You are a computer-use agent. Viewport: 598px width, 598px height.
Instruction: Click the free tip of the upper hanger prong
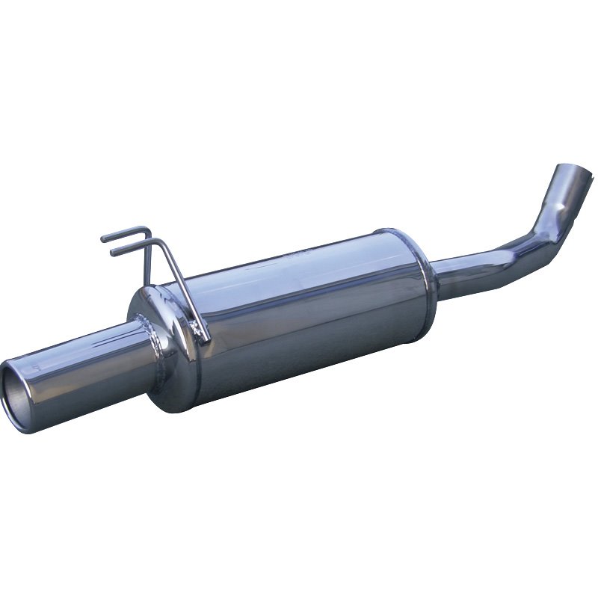click(103, 238)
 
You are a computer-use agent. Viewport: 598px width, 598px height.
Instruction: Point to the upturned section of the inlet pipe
click(557, 198)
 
